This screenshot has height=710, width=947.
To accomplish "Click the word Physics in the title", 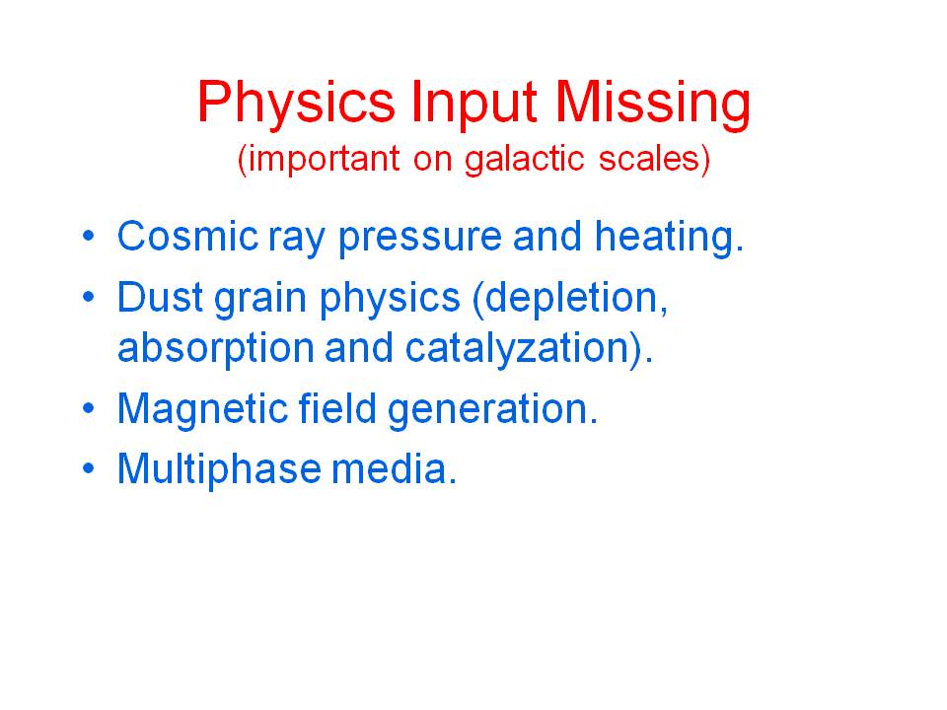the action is tap(296, 104).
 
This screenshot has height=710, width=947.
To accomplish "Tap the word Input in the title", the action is tap(473, 104).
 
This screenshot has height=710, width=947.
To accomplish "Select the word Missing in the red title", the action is tap(652, 104).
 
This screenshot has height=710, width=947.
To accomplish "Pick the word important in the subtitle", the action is tap(324, 160).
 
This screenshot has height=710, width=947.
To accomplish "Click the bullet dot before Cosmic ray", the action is tap(89, 236).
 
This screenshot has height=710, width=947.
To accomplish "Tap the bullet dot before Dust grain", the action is tap(89, 297).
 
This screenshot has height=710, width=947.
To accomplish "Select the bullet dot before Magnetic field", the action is tap(89, 408).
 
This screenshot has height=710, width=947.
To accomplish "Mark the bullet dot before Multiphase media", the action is tap(89, 467).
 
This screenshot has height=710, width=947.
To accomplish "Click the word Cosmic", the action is tap(187, 236).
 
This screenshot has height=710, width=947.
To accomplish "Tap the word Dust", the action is tap(160, 297).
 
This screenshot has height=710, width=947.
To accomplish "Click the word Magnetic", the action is tap(201, 408).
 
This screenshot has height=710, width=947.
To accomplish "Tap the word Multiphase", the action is tap(219, 469).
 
